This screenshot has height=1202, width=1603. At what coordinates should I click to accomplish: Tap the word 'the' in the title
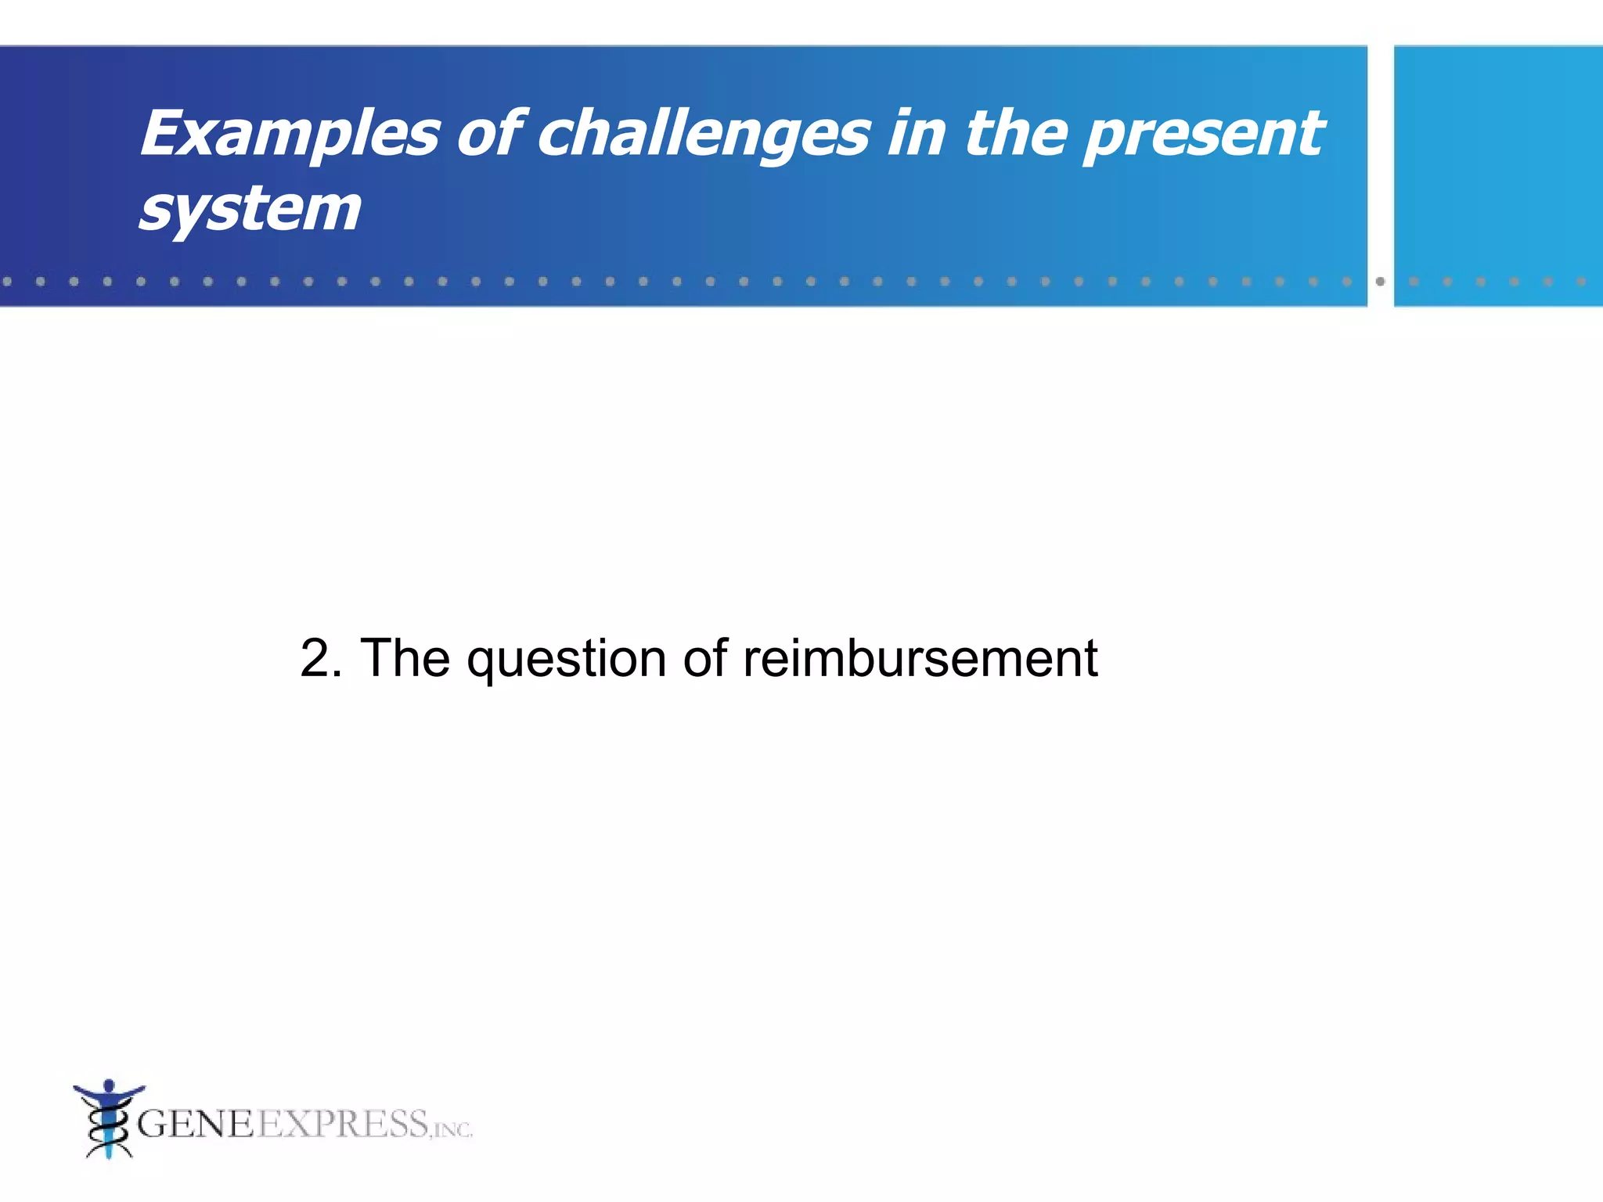tap(1015, 133)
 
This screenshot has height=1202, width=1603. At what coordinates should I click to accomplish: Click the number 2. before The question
tap(321, 658)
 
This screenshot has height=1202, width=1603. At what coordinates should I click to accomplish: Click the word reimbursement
tap(920, 658)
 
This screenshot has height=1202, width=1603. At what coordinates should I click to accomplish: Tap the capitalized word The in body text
tap(405, 658)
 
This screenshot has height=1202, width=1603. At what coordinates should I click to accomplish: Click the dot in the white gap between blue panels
tap(1380, 281)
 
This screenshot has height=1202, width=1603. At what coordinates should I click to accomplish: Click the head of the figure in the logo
tap(109, 1085)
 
